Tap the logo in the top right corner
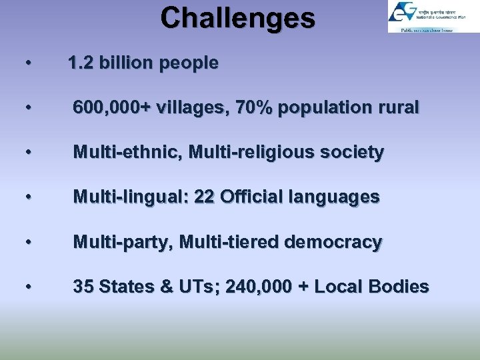click(433, 17)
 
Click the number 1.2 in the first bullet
click(80, 63)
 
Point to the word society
click(351, 153)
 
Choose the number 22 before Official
click(204, 197)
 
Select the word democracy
click(333, 242)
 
